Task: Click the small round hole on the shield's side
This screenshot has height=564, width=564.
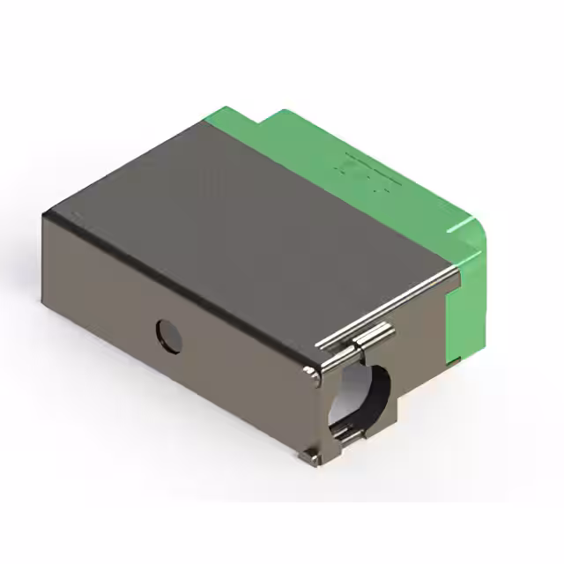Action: tap(168, 336)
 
